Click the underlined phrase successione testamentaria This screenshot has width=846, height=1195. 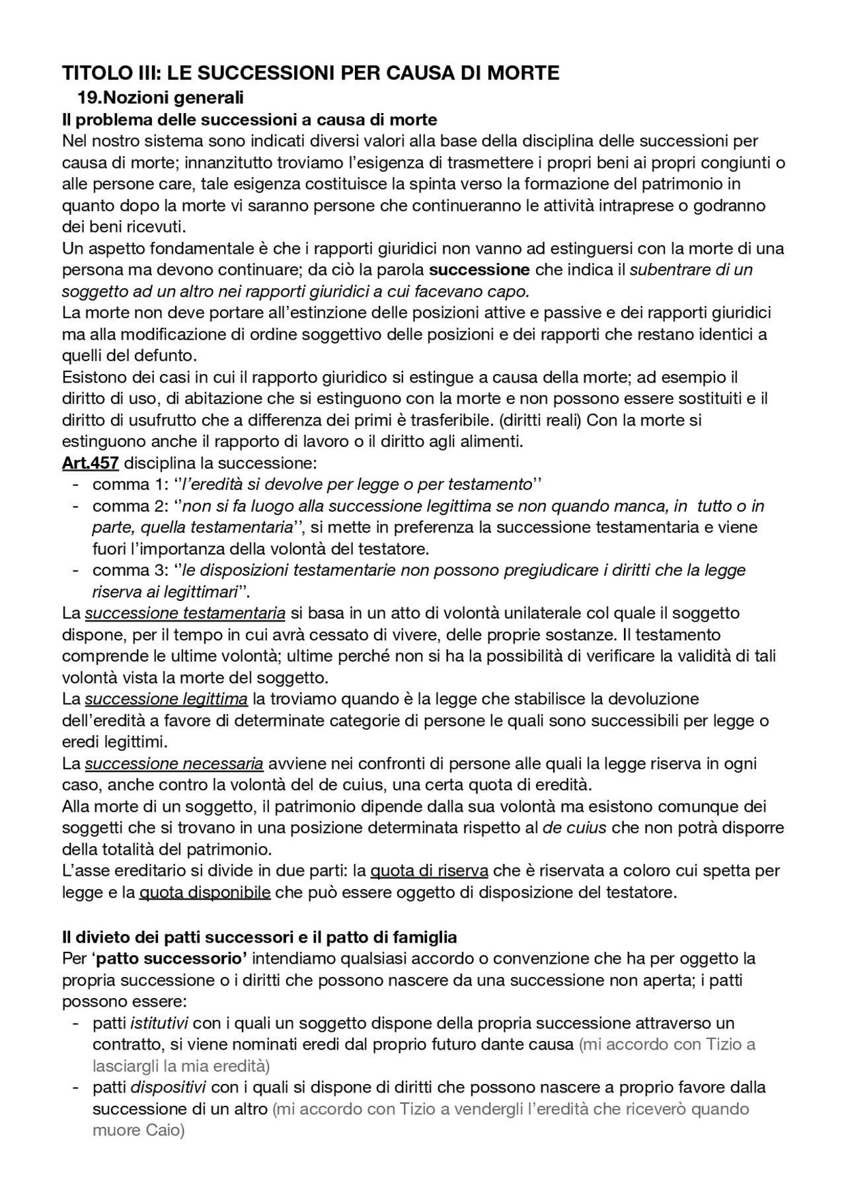click(x=185, y=613)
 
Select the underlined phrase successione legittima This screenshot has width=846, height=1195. click(x=166, y=699)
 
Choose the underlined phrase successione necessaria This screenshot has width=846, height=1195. click(x=174, y=763)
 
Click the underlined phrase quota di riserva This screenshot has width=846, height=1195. click(x=429, y=871)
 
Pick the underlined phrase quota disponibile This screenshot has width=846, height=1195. click(x=205, y=893)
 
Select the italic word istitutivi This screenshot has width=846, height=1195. click(x=159, y=1023)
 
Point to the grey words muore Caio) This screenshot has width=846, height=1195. click(x=138, y=1130)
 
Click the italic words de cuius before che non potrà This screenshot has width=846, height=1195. click(x=574, y=828)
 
